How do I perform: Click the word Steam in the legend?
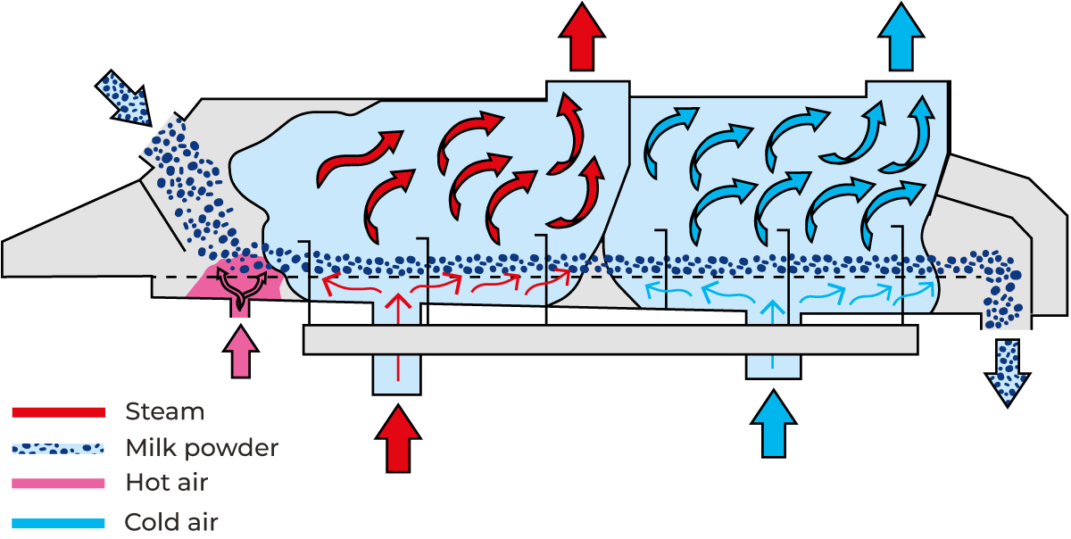click(164, 411)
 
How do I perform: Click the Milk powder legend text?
click(201, 447)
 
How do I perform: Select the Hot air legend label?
click(166, 483)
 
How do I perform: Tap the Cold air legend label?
click(171, 521)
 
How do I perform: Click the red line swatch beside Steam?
click(58, 411)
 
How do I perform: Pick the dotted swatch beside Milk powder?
click(58, 448)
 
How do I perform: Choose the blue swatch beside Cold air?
click(58, 521)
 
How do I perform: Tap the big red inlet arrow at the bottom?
click(398, 439)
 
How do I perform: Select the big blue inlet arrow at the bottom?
click(773, 426)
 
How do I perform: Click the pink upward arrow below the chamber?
click(240, 352)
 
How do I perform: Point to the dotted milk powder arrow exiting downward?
click(1007, 371)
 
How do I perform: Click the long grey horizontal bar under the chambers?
click(610, 339)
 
